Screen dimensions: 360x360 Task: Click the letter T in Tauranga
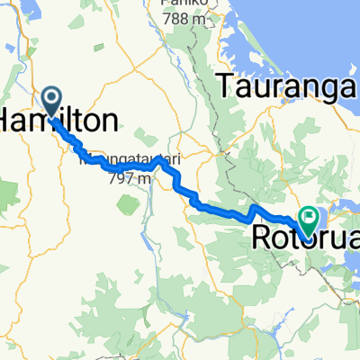(x=226, y=89)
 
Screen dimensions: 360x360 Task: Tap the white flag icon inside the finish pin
(x=310, y=215)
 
